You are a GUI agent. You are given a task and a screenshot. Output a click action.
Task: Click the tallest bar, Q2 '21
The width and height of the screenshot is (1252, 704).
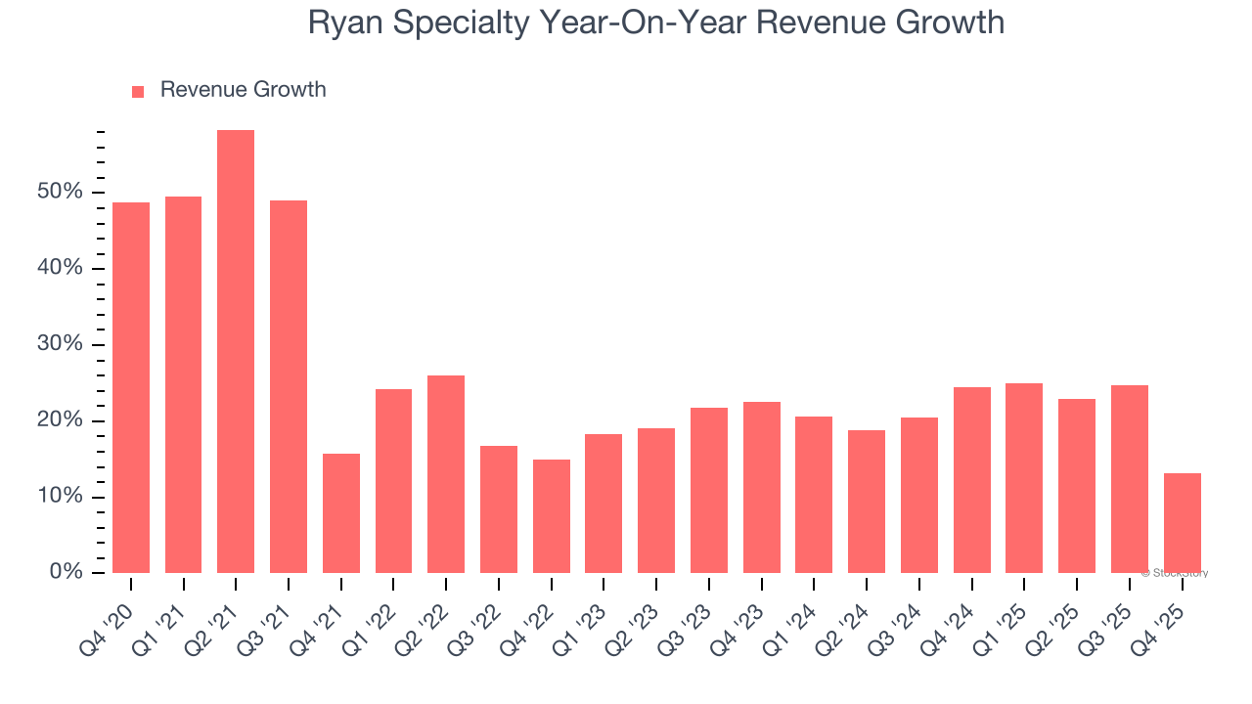236,352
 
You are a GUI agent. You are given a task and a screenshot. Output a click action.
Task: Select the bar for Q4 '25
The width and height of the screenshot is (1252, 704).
1182,523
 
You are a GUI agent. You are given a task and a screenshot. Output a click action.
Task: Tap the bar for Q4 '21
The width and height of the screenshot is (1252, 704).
340,513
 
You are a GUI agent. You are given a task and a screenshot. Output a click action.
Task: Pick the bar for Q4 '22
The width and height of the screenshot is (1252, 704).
551,516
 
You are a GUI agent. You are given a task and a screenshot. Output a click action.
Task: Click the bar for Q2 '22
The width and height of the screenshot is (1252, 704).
446,474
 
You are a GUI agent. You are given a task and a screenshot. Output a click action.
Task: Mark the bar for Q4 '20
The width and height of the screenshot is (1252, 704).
131,387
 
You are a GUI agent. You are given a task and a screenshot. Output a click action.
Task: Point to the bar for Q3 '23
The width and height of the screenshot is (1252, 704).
708,490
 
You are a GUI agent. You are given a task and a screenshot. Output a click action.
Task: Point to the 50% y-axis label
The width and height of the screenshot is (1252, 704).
60,192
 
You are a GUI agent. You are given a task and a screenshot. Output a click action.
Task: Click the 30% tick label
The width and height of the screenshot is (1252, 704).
60,344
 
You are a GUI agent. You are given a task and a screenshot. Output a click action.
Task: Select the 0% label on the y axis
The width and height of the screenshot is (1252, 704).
66,572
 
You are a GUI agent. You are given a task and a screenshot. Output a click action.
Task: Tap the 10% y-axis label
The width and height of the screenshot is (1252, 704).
60,497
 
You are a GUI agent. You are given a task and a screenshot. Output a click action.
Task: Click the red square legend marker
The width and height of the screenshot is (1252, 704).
138,91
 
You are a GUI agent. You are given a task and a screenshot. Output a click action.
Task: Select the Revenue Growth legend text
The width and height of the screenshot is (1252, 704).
243,90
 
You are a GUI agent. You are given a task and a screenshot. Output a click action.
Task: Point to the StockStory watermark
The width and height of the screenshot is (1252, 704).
1175,573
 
